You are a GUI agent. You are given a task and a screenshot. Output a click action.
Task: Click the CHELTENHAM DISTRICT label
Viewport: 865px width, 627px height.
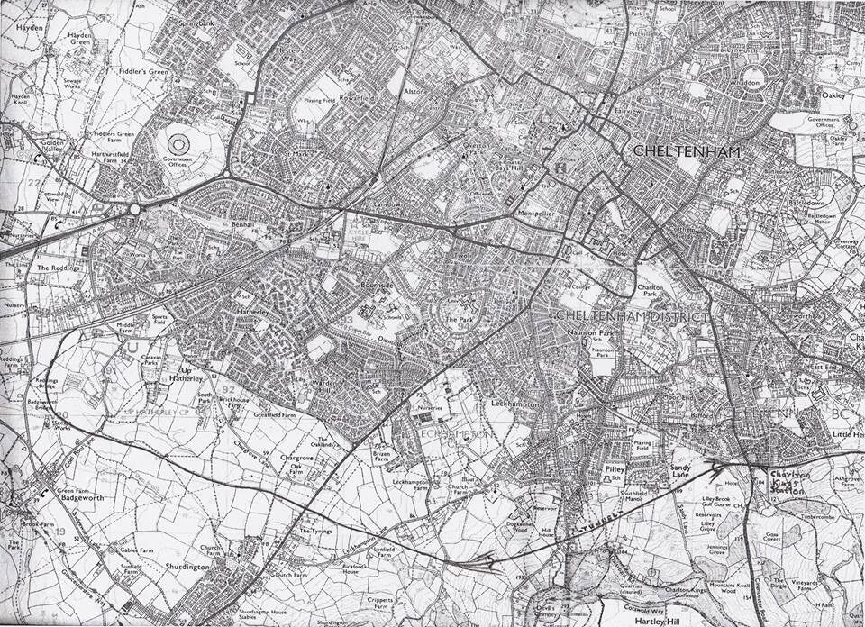coord(631,316)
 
